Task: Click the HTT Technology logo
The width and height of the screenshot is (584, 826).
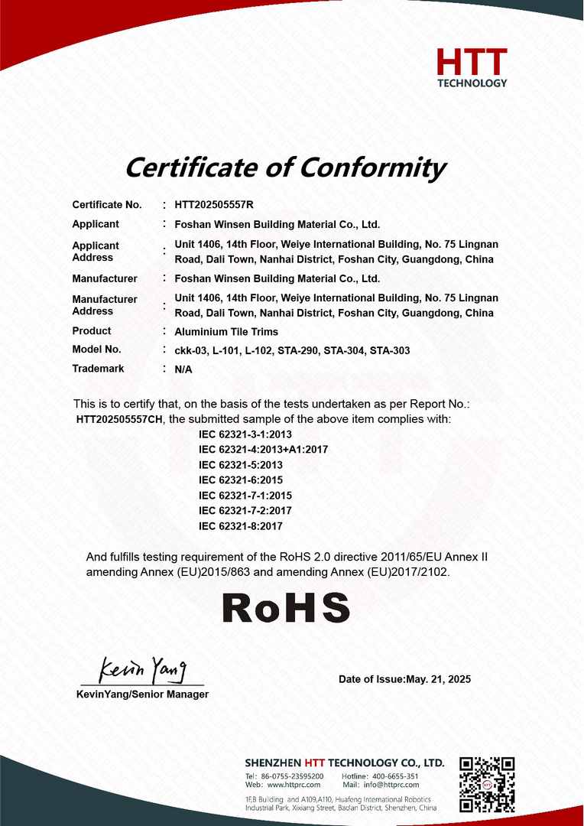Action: (x=472, y=67)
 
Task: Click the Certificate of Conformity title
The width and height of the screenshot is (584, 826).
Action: (x=284, y=166)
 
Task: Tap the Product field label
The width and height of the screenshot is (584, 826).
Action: (x=92, y=331)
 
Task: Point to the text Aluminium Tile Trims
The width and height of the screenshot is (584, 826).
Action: (x=226, y=331)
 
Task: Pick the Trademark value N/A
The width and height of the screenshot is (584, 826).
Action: (x=183, y=369)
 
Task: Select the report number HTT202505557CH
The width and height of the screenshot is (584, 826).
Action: (x=120, y=419)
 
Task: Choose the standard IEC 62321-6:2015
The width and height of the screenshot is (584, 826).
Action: (x=241, y=480)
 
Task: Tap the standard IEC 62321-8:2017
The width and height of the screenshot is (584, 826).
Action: (x=241, y=526)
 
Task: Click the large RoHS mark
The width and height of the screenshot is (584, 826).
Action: (x=286, y=607)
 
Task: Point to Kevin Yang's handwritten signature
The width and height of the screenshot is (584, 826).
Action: (x=143, y=669)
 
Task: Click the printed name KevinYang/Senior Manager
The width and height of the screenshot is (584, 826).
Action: (x=142, y=694)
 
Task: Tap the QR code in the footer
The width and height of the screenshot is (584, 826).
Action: (x=487, y=784)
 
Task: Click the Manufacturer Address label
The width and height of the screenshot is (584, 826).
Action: (x=105, y=305)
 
